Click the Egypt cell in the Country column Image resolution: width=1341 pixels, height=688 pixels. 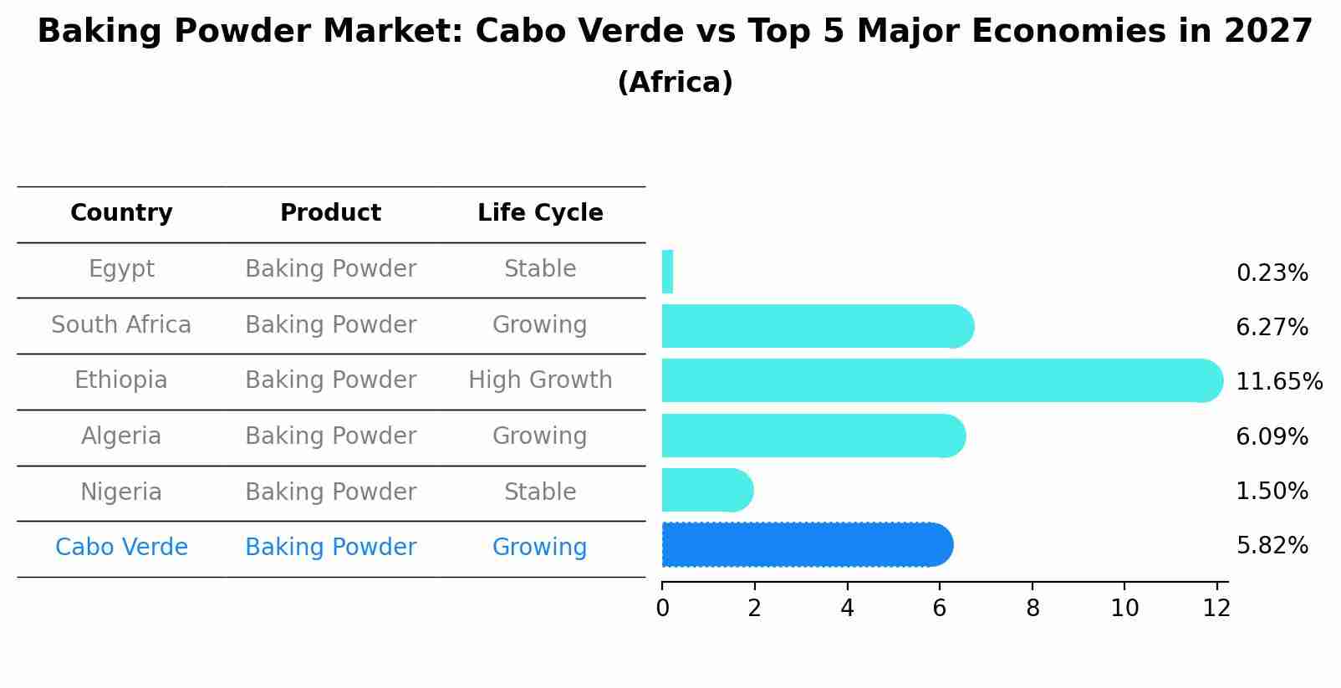(x=121, y=269)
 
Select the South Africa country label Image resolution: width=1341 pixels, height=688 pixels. (x=121, y=325)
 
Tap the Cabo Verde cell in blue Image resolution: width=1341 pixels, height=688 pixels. (x=121, y=548)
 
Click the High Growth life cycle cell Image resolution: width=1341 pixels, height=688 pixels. (x=540, y=380)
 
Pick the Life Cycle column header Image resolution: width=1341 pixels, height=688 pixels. (x=540, y=213)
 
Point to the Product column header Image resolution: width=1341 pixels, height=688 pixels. (x=330, y=213)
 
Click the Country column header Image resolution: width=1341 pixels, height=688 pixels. (x=121, y=213)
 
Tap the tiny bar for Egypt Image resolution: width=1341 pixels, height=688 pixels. (x=667, y=272)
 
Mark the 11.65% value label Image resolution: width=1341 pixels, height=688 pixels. (x=1278, y=382)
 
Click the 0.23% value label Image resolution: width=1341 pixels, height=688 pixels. (x=1272, y=273)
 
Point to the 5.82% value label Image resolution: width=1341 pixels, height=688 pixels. (x=1272, y=546)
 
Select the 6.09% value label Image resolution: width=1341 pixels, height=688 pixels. (x=1272, y=437)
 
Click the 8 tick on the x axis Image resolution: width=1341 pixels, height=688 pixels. (x=1033, y=609)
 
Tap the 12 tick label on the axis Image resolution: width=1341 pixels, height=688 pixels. (x=1216, y=609)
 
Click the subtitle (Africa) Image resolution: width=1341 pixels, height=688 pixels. (x=675, y=83)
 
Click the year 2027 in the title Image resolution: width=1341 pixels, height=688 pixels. (x=1267, y=32)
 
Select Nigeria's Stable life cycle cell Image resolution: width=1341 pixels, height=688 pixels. (x=540, y=492)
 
